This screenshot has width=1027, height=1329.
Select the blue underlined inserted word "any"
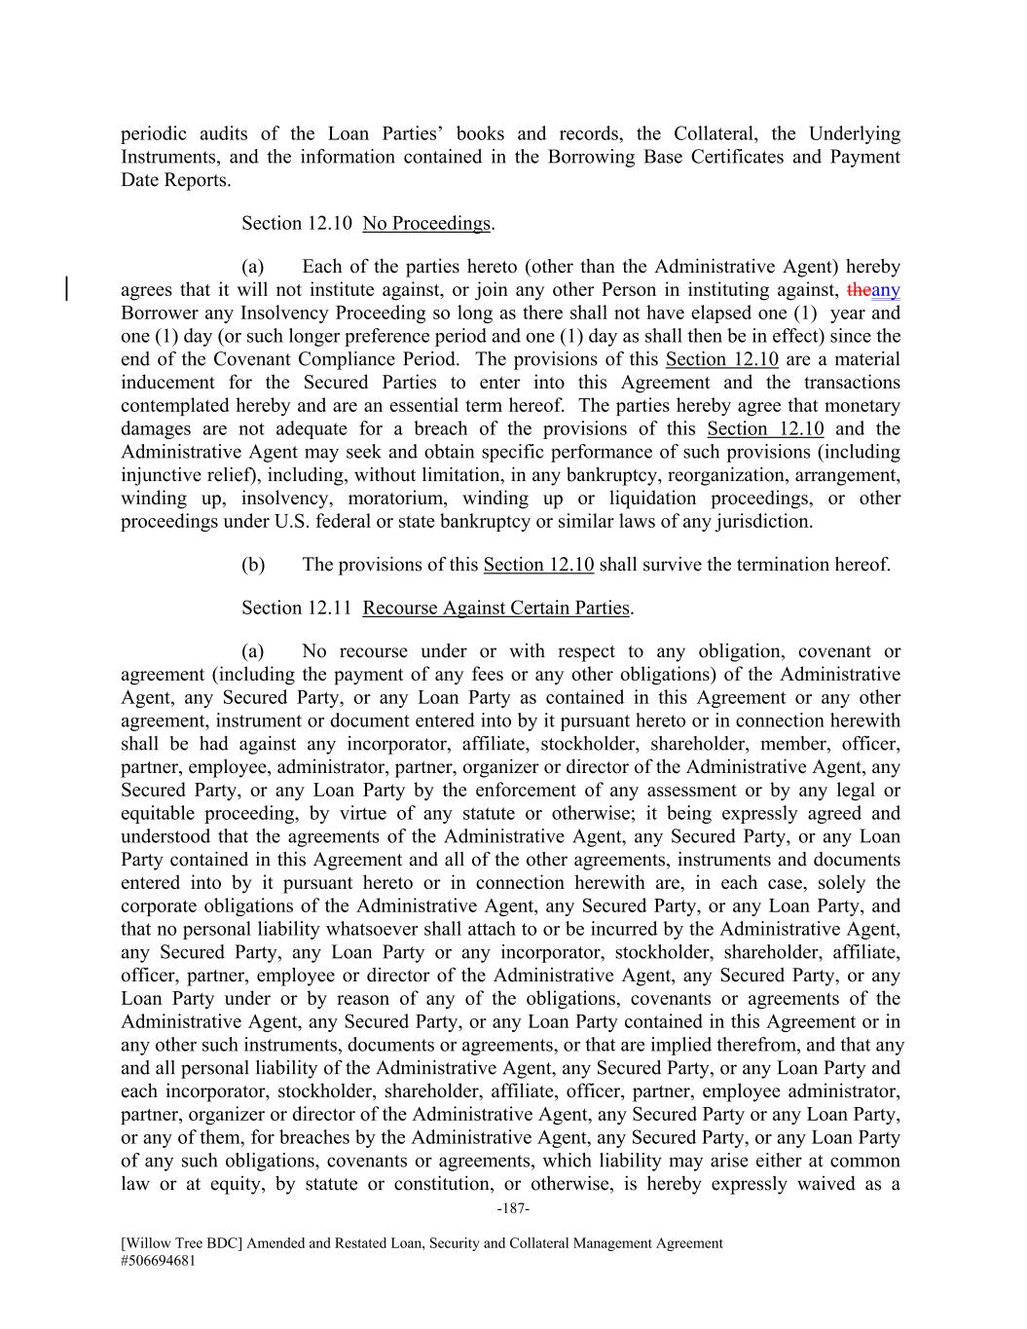click(x=886, y=290)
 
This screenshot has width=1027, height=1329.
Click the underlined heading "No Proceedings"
click(x=426, y=224)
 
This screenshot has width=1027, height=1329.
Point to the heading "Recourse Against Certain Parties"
click(x=496, y=609)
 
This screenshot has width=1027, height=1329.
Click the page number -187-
click(x=513, y=1208)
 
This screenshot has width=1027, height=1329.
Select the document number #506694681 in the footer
click(x=162, y=1260)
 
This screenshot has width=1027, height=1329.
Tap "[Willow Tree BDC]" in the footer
click(x=181, y=1243)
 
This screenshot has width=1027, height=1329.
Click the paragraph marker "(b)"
click(x=253, y=565)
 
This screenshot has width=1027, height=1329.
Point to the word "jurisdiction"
click(x=763, y=522)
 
